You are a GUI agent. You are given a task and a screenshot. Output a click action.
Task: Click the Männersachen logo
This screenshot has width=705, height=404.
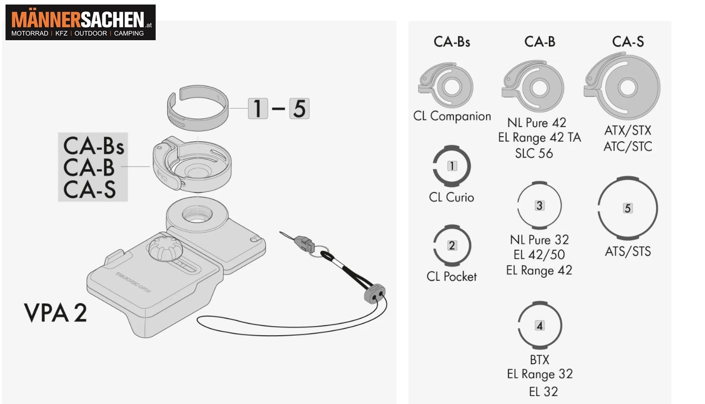[80, 23]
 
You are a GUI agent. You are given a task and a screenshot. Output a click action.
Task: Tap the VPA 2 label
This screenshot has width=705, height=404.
[56, 313]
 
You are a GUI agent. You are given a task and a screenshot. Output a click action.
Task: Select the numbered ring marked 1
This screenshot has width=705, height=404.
[452, 166]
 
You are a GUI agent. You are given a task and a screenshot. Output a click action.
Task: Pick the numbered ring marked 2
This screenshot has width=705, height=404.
[452, 246]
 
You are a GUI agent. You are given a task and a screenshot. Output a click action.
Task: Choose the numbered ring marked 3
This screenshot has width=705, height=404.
[539, 206]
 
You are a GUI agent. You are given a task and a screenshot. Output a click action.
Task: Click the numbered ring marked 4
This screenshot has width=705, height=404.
[539, 326]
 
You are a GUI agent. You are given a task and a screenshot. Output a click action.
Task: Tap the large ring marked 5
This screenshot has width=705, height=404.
[627, 208]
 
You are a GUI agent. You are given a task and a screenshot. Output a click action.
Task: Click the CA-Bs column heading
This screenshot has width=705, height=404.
[452, 42]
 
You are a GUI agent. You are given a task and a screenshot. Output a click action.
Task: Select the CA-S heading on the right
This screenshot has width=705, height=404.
[628, 42]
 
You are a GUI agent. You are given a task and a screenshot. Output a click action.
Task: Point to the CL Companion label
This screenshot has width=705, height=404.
[452, 116]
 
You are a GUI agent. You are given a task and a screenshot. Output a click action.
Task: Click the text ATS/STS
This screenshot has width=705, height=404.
[628, 251]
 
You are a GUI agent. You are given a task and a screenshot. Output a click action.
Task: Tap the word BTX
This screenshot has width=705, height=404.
[539, 360]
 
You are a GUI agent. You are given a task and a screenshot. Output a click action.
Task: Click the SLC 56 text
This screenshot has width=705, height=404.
[534, 153]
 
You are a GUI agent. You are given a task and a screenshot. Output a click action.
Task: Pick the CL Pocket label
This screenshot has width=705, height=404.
[451, 276]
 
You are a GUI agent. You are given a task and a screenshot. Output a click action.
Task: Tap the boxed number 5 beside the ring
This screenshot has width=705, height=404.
[299, 109]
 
